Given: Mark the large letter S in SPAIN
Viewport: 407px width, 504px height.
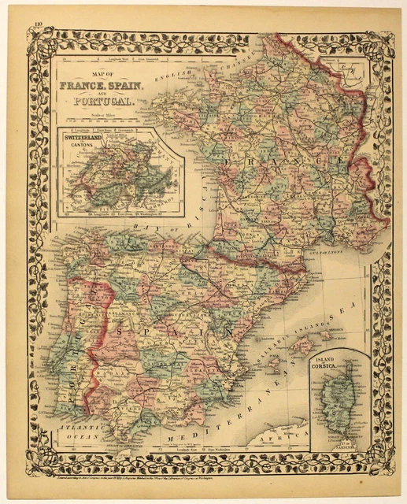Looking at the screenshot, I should [x=117, y=310].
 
